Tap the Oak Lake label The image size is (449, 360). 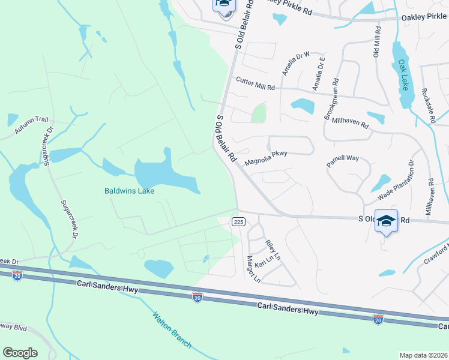[405, 76]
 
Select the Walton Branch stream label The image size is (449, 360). [172, 329]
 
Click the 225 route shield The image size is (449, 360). [238, 222]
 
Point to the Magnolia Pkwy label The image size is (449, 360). [267, 158]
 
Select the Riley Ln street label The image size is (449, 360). [273, 250]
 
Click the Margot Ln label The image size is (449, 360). [253, 269]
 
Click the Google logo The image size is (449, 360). [20, 353]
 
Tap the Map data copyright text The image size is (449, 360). [423, 355]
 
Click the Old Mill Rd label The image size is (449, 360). [377, 41]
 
